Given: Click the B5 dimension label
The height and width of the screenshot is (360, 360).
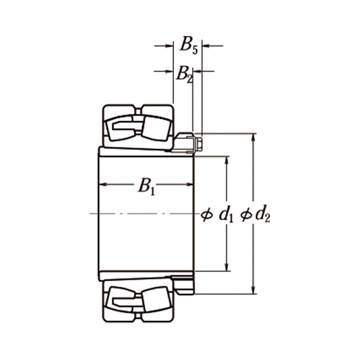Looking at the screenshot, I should pyautogui.click(x=189, y=46).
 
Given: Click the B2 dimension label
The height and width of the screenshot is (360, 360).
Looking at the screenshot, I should pyautogui.click(x=184, y=74).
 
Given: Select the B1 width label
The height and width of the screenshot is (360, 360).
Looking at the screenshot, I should pyautogui.click(x=146, y=186).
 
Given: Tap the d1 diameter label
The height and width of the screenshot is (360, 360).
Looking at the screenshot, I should pyautogui.click(x=226, y=214).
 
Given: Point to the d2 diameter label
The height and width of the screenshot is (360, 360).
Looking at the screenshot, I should pyautogui.click(x=262, y=214).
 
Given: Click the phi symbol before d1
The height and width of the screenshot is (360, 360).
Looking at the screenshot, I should pyautogui.click(x=207, y=214).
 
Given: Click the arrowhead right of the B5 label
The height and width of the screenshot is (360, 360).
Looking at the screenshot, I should pyautogui.click(x=206, y=45).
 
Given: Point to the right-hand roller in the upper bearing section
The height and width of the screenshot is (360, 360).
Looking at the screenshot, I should pyautogui.click(x=155, y=127).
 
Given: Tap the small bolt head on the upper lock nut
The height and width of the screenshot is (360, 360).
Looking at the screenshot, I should pyautogui.click(x=199, y=143).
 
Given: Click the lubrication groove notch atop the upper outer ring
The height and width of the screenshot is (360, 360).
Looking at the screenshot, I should pyautogui.click(x=138, y=109).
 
